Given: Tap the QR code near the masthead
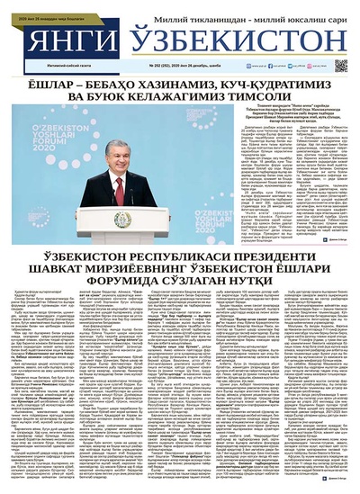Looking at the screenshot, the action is (341, 65).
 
